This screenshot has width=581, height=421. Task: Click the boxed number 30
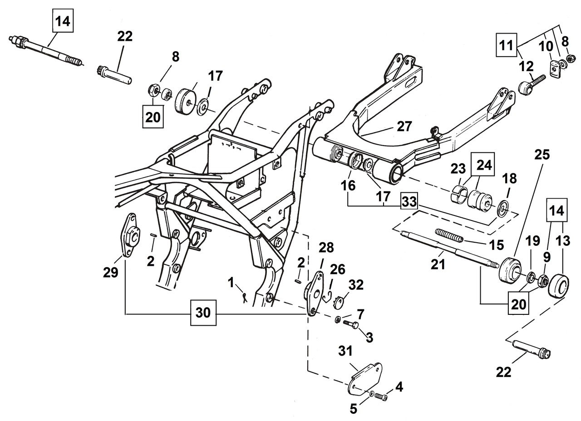[203, 313]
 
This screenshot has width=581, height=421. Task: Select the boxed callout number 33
[409, 201]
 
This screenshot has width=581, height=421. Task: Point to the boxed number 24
[484, 165]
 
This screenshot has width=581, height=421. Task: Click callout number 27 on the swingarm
[404, 126]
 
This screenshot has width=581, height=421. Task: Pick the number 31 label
[345, 351]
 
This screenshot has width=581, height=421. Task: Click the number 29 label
[110, 272]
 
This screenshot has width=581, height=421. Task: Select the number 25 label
[542, 155]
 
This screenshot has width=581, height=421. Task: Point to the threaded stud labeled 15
[449, 235]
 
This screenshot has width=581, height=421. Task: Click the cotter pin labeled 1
[245, 297]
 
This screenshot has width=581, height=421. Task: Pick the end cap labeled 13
[559, 286]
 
